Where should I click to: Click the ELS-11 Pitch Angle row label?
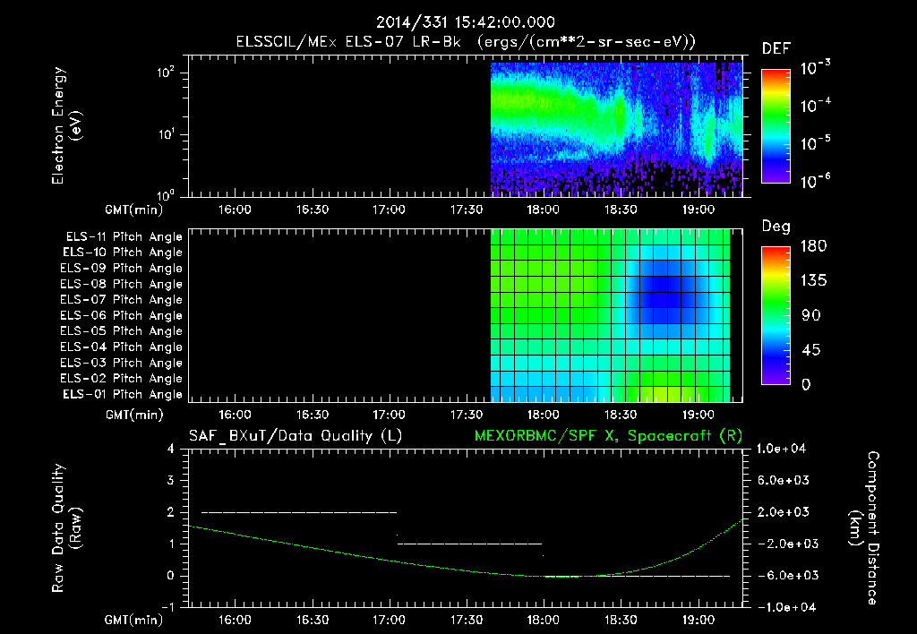tap(124, 236)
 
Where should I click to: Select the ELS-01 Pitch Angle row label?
tap(124, 394)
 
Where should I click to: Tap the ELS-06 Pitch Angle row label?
tap(124, 315)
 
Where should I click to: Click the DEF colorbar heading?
tap(776, 49)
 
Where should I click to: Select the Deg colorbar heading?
tap(776, 227)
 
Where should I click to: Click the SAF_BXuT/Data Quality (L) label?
tap(295, 436)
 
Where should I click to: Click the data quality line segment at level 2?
tap(299, 512)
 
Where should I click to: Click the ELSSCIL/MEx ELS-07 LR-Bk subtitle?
tap(466, 42)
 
